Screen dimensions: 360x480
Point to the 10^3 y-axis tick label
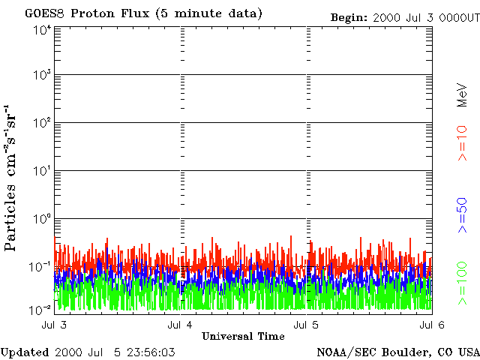tap(41, 75)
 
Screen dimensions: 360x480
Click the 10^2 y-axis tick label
tap(41, 123)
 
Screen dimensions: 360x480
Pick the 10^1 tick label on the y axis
tap(41, 171)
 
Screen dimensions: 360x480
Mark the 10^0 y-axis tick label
tap(41, 219)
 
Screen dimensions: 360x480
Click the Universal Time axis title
tap(243, 336)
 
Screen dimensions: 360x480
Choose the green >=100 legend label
tap(463, 283)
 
